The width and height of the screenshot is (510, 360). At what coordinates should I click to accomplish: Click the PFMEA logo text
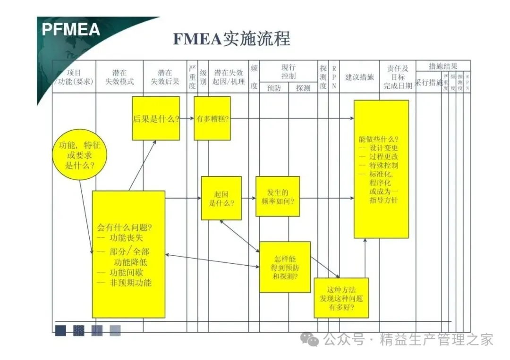tap(71, 30)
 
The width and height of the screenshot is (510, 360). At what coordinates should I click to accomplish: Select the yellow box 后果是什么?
tap(156, 118)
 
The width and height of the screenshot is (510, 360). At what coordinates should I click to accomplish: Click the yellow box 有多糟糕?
tap(212, 118)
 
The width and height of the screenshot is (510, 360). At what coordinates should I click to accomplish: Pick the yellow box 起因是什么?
tap(221, 198)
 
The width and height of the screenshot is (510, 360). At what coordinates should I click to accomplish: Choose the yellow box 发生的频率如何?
tap(278, 196)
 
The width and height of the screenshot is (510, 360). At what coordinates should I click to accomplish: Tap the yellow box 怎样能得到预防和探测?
tap(285, 267)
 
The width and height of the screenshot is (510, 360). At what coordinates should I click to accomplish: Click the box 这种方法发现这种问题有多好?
tap(341, 298)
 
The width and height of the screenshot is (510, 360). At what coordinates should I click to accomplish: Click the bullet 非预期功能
tap(130, 283)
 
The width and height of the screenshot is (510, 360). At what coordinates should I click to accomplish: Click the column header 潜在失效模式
tap(119, 77)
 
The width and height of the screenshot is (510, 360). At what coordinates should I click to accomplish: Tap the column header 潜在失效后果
tap(165, 77)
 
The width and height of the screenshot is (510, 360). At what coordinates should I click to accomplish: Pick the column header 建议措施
tap(359, 77)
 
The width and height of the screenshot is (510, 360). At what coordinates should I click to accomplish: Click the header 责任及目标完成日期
tap(397, 77)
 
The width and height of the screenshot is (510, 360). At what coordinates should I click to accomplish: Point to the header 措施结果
tap(442, 66)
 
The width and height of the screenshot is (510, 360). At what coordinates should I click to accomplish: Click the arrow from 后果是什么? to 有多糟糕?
tap(187, 118)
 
